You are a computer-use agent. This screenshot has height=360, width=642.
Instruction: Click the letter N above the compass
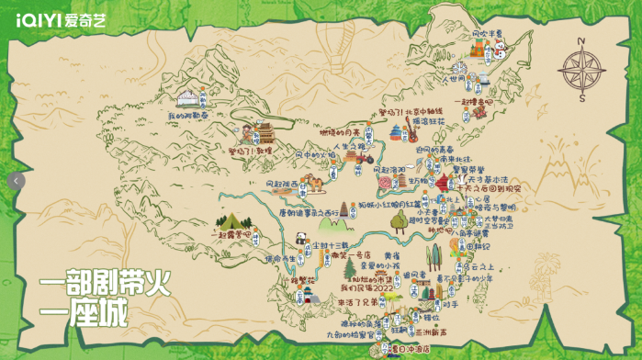click(582, 40)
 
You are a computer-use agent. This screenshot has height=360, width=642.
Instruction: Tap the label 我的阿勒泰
click(187, 118)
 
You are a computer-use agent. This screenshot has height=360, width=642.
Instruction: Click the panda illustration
click(299, 238)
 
